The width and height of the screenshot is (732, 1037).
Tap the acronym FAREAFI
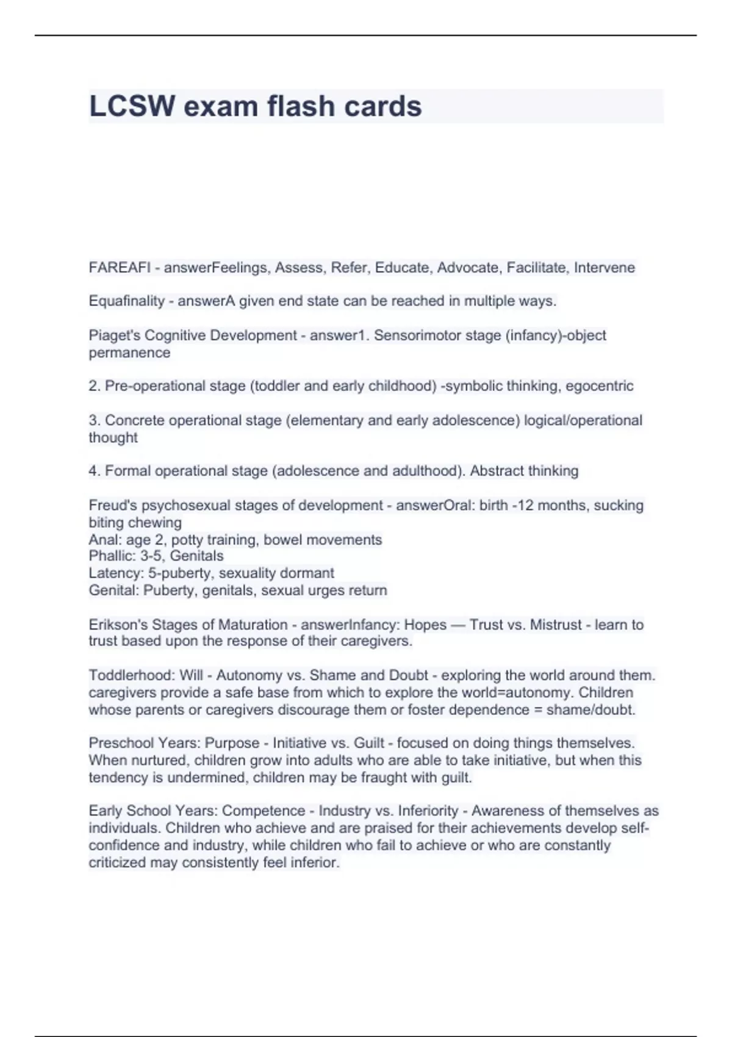[120, 267]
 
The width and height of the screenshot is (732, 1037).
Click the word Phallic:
[112, 556]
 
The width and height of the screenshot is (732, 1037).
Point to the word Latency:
[116, 573]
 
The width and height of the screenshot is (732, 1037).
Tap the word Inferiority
[428, 811]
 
